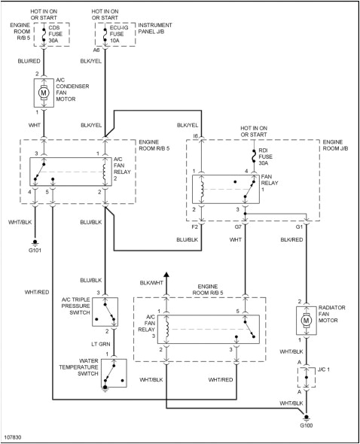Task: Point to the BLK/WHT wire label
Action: click(151, 283)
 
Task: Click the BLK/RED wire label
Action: click(289, 239)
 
